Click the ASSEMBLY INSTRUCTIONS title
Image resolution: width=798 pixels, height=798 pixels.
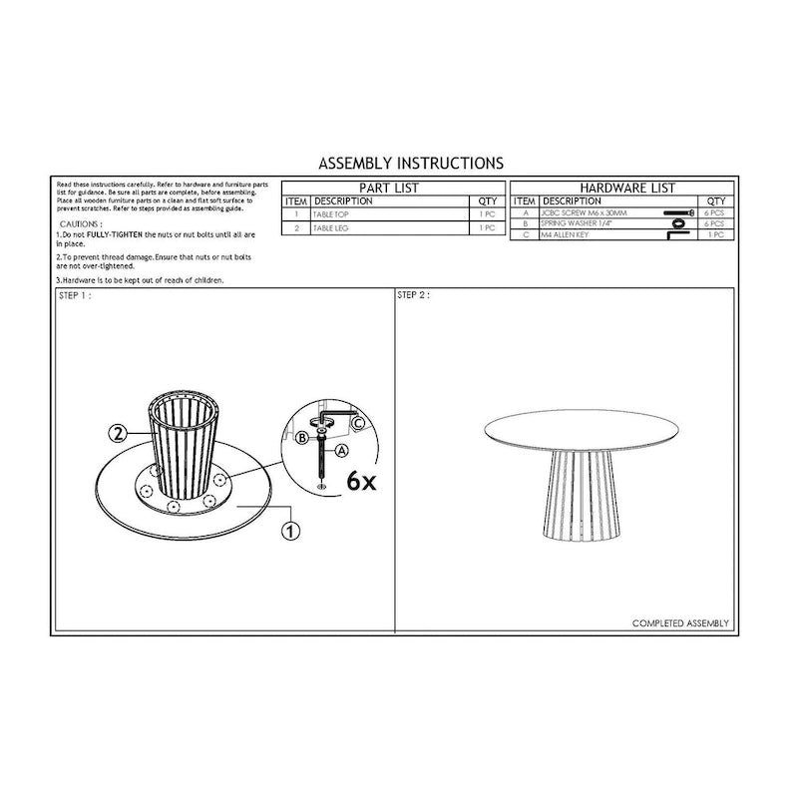tap(410, 162)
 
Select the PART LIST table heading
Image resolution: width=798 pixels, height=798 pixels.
tap(388, 188)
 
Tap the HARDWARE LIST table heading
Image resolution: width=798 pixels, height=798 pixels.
tap(626, 188)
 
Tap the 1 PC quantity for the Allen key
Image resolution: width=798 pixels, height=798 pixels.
tap(716, 234)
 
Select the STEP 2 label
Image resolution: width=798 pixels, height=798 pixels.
tap(413, 296)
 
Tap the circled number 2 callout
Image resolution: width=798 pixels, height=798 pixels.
tap(118, 434)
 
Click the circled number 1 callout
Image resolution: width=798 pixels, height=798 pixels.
tap(291, 531)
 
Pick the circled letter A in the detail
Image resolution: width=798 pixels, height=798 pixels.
tap(342, 450)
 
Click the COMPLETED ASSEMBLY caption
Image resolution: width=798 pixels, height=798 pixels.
tap(680, 623)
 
